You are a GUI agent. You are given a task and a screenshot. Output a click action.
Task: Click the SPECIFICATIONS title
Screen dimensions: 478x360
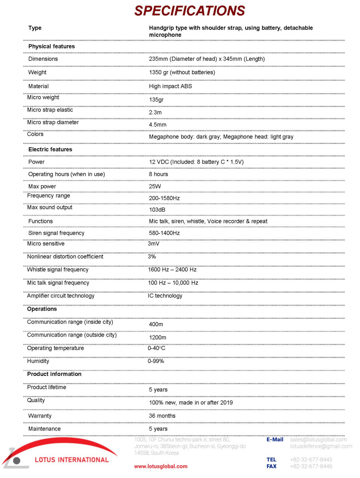coord(189,11)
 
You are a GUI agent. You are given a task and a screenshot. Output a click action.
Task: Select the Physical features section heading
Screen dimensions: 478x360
coord(51,46)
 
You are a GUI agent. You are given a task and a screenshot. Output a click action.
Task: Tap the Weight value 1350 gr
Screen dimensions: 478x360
coord(182,72)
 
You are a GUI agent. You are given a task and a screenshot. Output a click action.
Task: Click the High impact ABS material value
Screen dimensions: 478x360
coord(168,86)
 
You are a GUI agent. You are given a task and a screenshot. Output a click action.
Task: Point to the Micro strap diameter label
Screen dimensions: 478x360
coord(53,123)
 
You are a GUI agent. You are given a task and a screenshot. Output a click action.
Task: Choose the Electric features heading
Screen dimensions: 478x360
coord(50,149)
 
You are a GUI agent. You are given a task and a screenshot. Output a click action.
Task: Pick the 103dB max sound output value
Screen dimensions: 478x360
coord(157,210)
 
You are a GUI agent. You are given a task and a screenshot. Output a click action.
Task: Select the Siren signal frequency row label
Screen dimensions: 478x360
coord(56,233)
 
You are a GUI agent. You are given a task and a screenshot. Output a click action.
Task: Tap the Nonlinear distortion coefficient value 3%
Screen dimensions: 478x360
coord(152,257)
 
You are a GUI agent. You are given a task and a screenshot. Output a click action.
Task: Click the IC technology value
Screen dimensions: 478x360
coord(165,296)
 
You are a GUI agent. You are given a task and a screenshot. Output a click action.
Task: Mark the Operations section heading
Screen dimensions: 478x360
coord(42,309)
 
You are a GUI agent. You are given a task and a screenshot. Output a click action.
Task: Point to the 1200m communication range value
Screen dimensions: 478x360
coord(158,337)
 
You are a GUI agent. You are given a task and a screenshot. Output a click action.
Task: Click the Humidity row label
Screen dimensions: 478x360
coord(38,361)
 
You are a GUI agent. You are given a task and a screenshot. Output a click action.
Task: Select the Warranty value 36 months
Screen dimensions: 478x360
coord(162,416)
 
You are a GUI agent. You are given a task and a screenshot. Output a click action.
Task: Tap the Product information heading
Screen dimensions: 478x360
coord(54,374)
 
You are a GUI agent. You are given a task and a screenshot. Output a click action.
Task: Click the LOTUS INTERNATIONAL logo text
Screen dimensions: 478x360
coord(72,460)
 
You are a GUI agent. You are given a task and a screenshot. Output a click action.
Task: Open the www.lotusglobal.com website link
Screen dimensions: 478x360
coord(160,466)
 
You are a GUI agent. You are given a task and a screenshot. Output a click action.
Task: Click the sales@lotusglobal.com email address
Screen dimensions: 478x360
coord(318,440)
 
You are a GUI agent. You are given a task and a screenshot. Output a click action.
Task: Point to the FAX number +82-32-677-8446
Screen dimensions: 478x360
coord(311,466)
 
